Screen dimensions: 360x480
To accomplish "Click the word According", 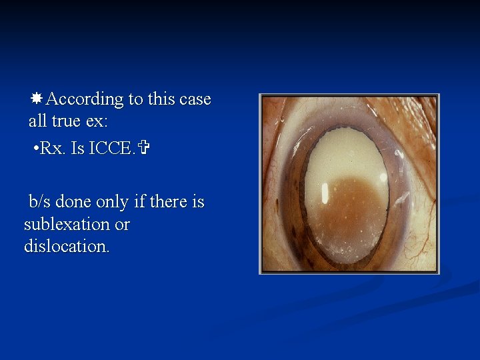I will click(85, 100).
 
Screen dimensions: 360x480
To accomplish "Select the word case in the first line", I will click(195, 100).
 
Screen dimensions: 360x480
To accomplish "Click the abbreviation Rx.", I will click(53, 147).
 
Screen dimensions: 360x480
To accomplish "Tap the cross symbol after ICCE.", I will click(140, 147).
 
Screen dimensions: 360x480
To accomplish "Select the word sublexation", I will click(67, 224).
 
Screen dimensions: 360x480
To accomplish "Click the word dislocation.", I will click(66, 246).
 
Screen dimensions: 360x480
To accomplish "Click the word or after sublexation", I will click(122, 225).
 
